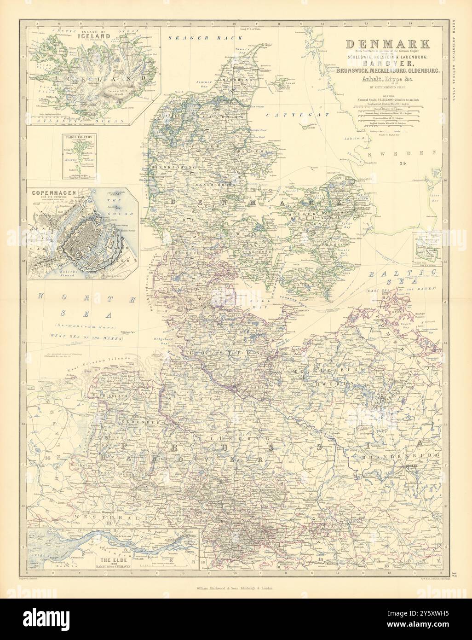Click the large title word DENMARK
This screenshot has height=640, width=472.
387,44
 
